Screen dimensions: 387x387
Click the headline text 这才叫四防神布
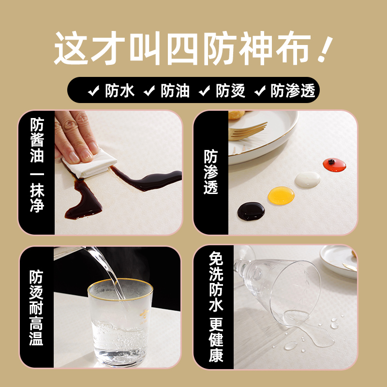(181, 50)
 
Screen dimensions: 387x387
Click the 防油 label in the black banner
(175, 90)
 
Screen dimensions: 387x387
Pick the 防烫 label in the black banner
(231, 90)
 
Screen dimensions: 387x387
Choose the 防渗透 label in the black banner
(293, 90)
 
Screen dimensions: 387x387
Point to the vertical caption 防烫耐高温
(37, 307)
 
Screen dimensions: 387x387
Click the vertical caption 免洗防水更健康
(216, 307)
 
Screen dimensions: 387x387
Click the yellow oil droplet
(281, 195)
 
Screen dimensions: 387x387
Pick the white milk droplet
(308, 179)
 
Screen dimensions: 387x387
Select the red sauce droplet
(334, 164)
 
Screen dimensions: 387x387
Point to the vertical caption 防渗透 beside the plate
(210, 172)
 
